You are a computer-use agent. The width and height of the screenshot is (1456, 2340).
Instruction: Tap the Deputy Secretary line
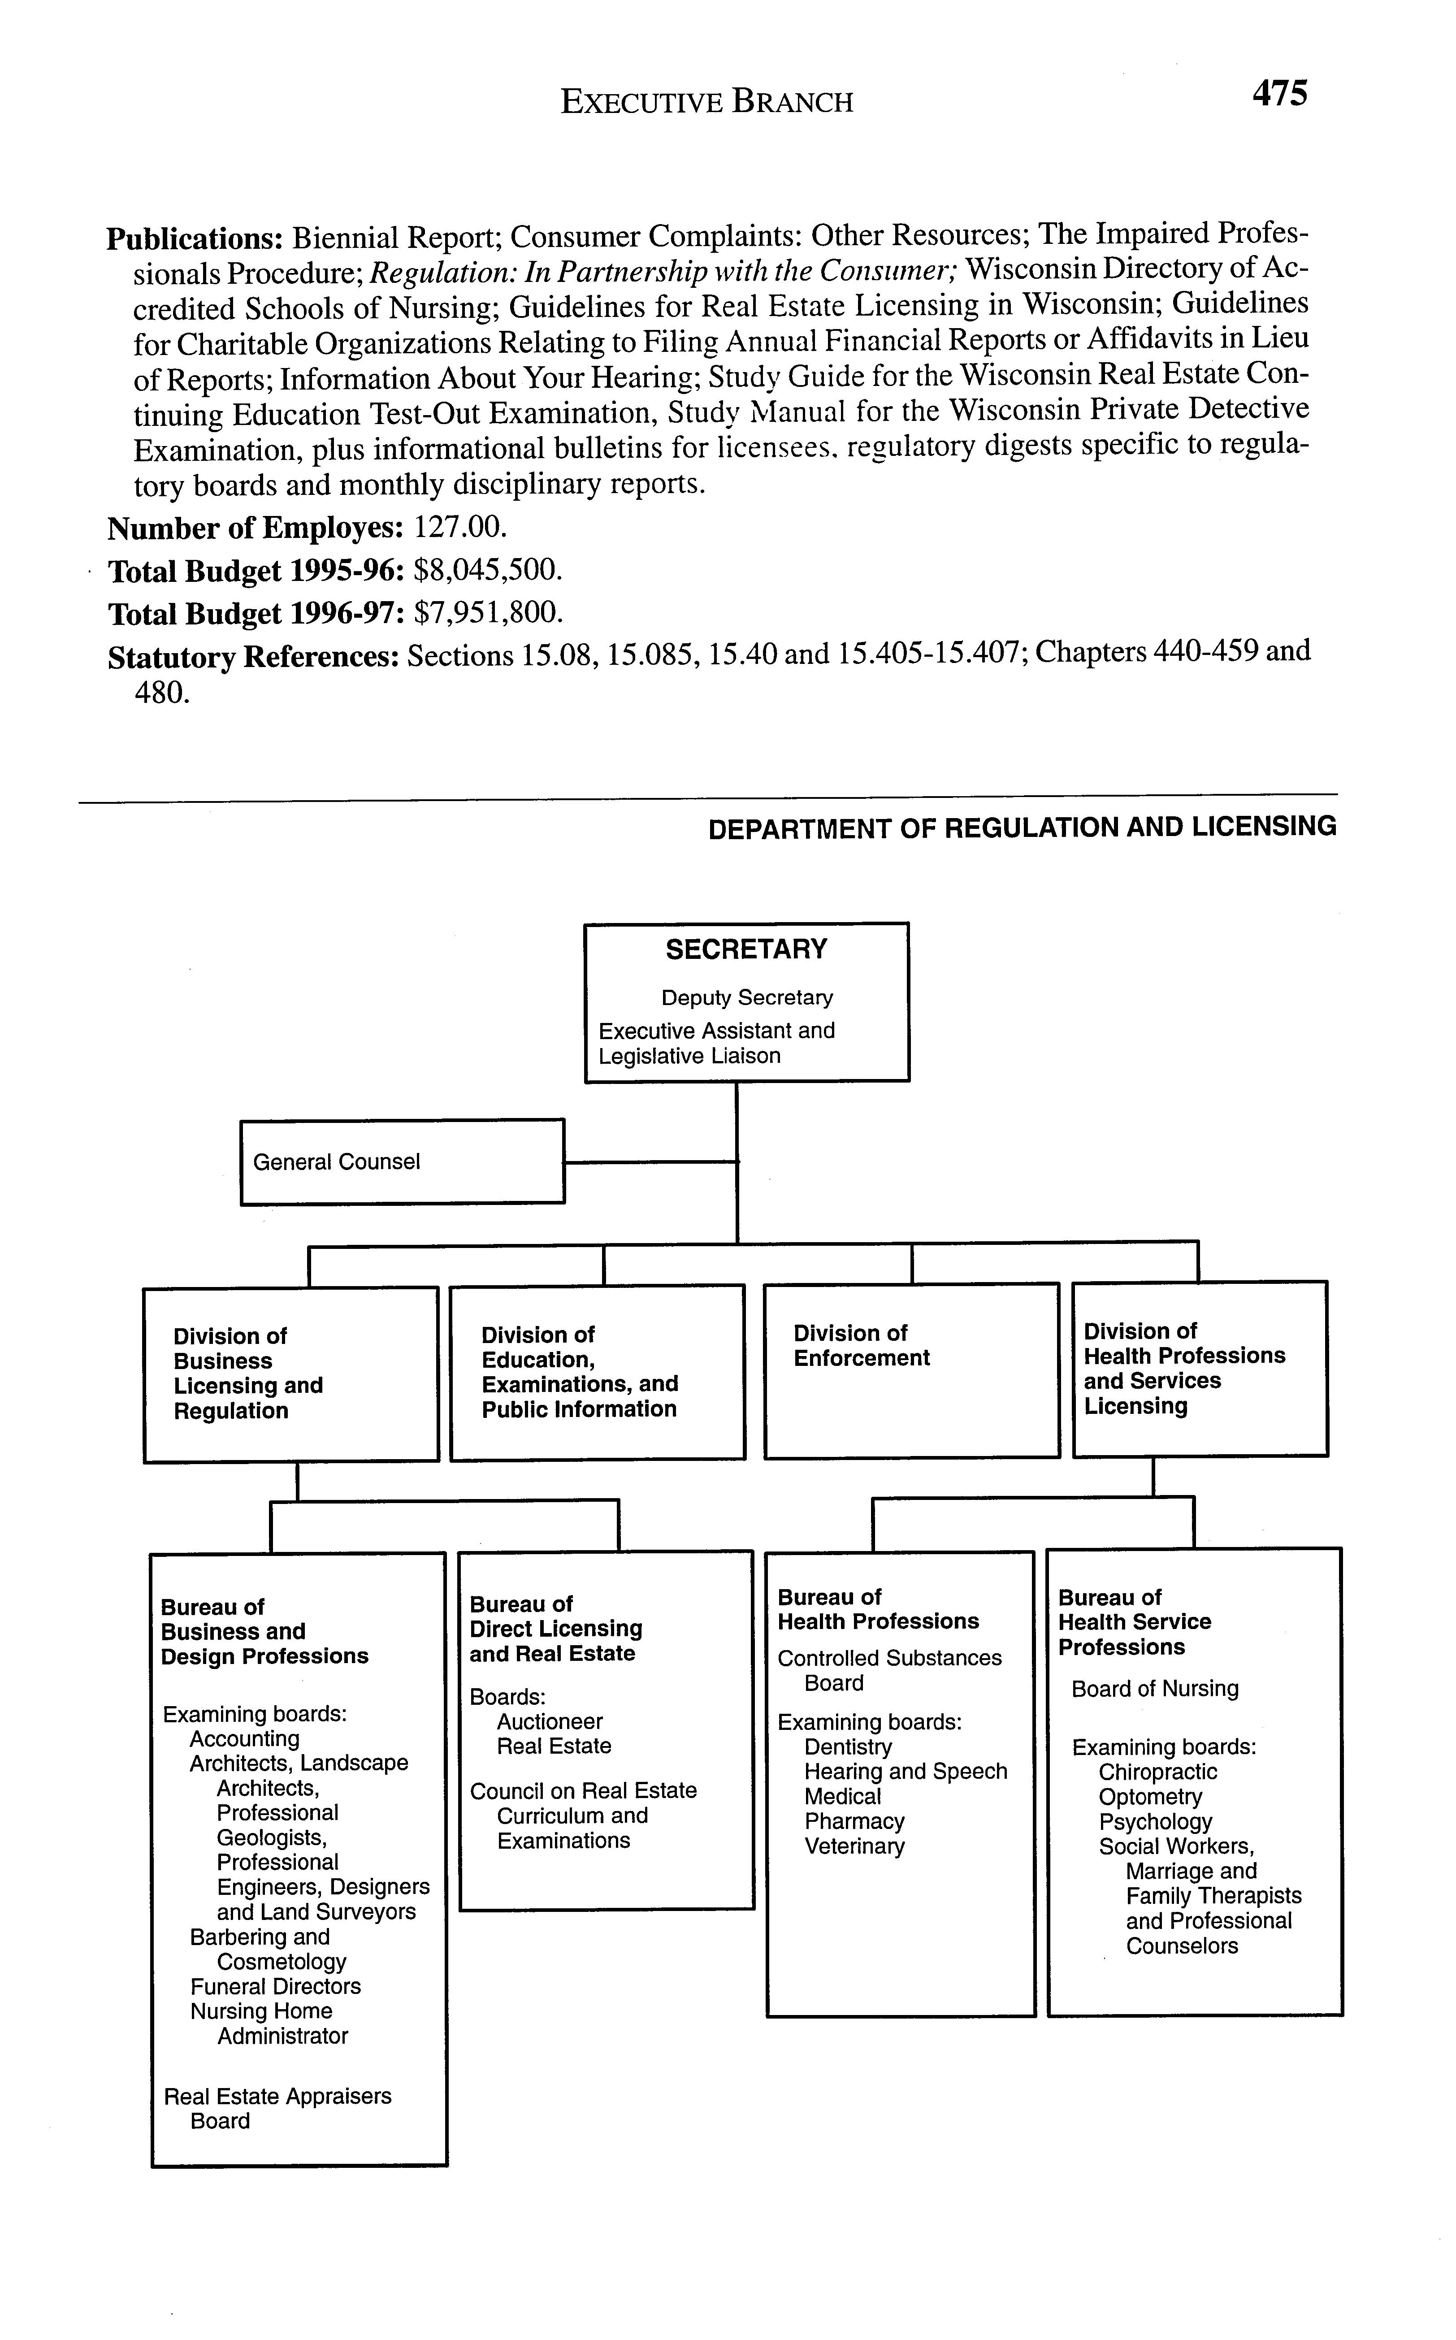[746, 997]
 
